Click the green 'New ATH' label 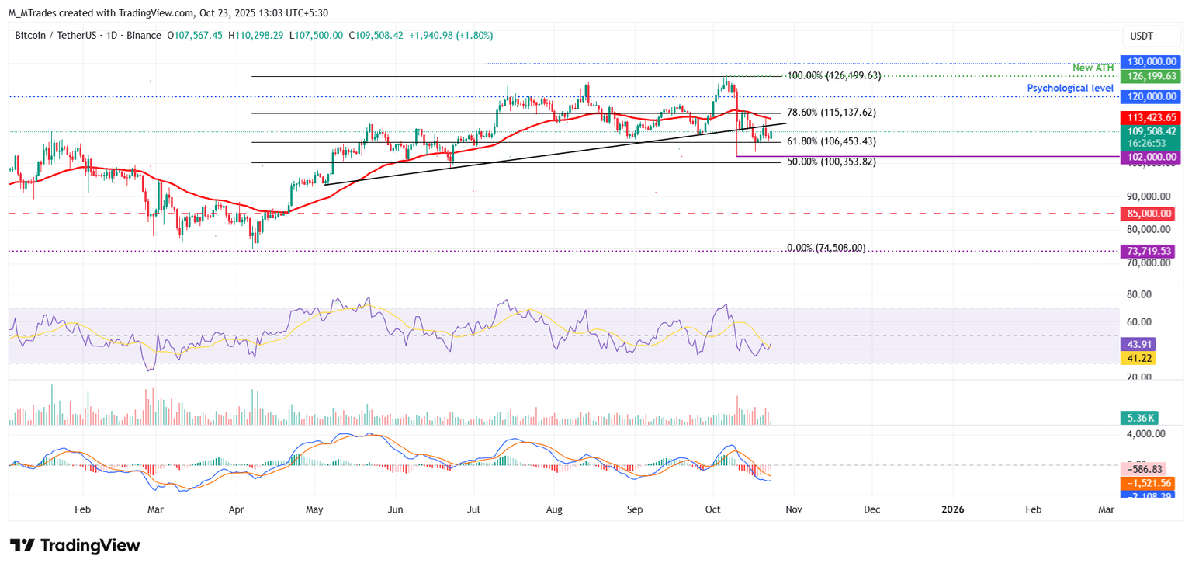(1093, 68)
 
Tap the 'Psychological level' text (1070, 89)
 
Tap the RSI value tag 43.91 (1138, 344)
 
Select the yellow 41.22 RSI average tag (1138, 358)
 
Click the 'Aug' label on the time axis (554, 509)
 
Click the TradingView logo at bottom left (75, 546)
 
